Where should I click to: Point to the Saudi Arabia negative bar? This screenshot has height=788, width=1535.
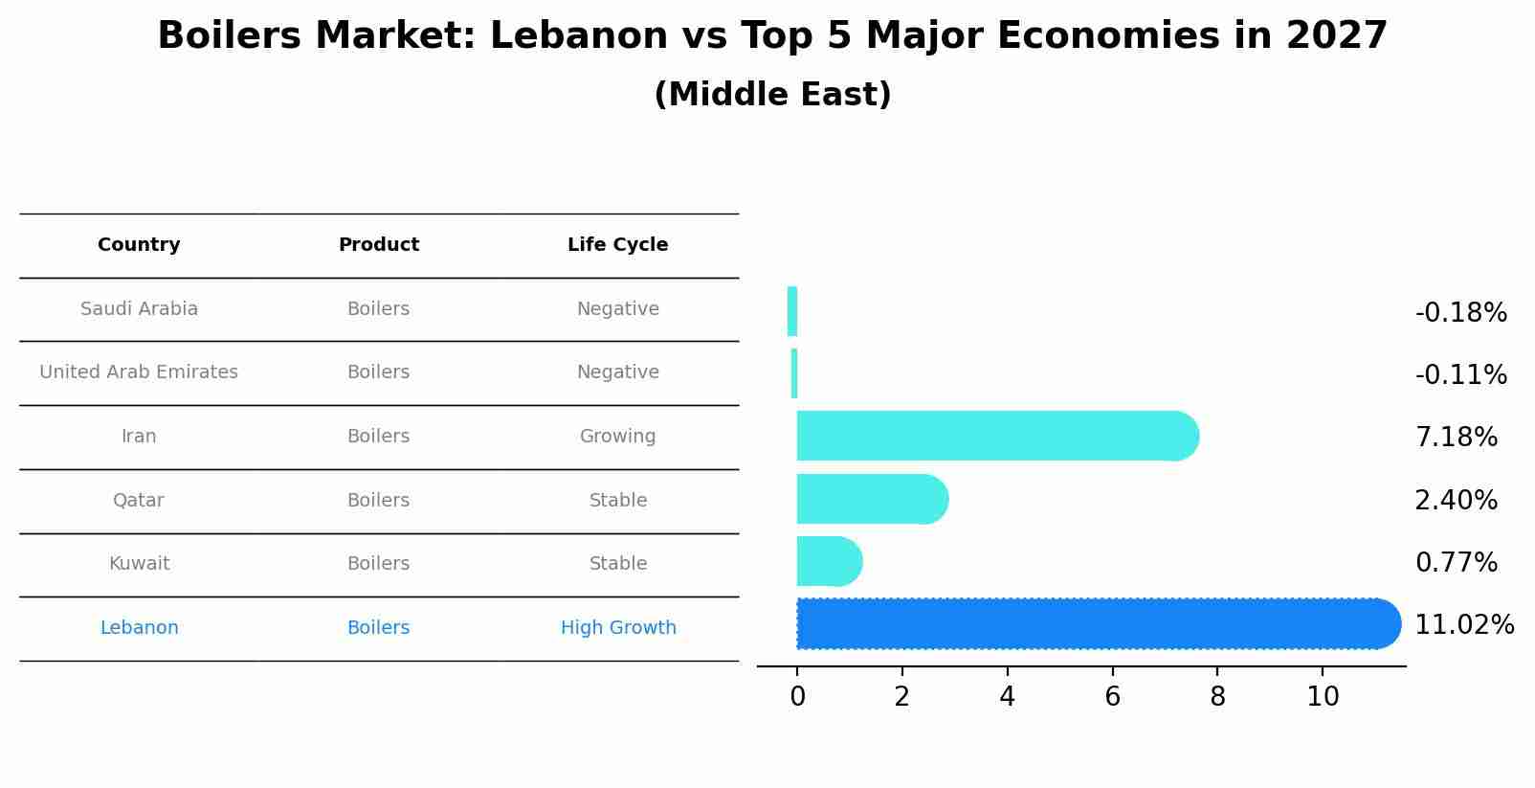(792, 311)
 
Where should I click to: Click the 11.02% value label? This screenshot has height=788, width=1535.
(1464, 625)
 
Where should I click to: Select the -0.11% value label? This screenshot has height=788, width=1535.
(1460, 374)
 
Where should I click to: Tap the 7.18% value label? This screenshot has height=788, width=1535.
(1456, 438)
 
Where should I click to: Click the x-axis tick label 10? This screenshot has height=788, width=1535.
(1323, 697)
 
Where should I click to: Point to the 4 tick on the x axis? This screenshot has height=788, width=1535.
(1007, 697)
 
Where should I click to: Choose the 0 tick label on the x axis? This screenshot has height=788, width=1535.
(797, 697)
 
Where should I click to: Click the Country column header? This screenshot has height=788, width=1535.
(139, 245)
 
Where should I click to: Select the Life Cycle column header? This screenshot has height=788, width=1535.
(617, 245)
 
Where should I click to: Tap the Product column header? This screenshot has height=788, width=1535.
(378, 245)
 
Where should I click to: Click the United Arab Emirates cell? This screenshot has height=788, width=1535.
(139, 372)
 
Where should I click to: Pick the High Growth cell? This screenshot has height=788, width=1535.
(618, 628)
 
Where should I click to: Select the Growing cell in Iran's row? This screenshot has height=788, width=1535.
(617, 437)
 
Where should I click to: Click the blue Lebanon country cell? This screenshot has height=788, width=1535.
(139, 628)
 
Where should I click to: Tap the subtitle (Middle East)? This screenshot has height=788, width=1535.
(772, 95)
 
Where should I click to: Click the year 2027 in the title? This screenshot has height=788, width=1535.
(1336, 36)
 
